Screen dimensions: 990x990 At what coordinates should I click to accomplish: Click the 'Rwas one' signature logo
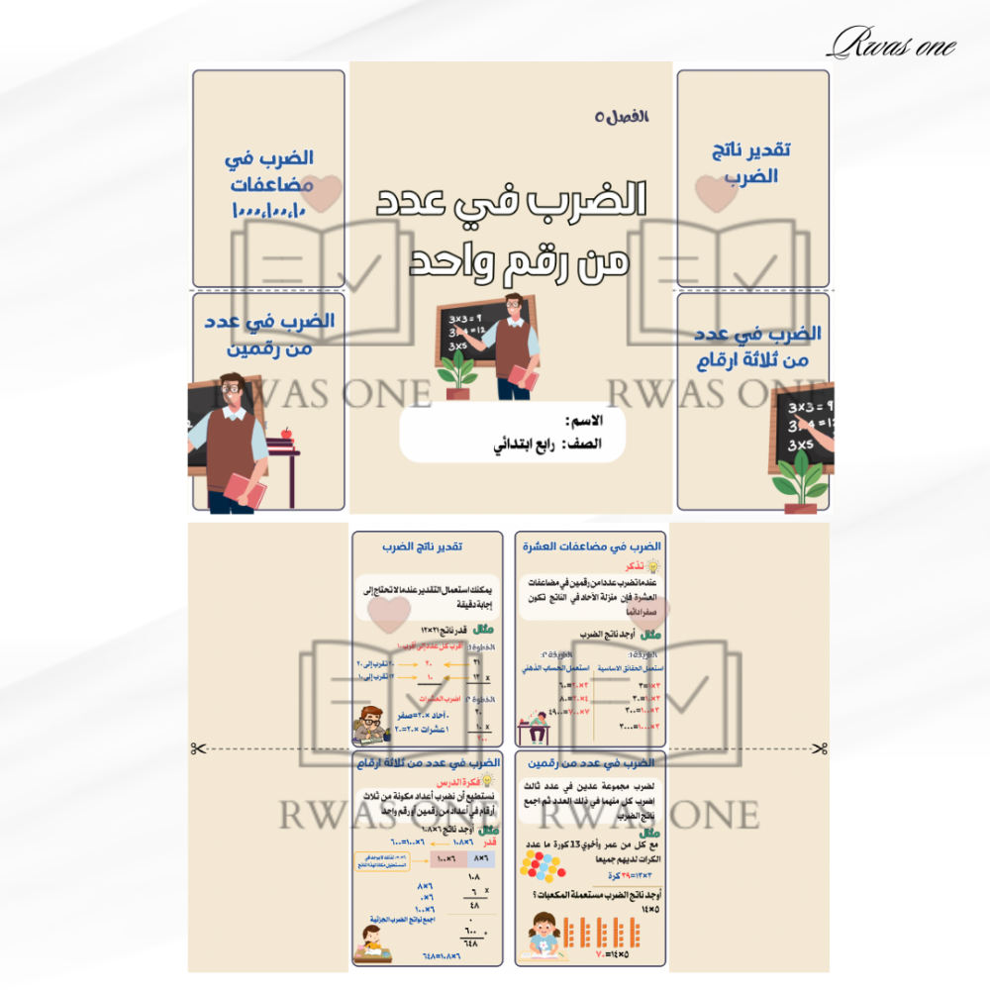892,43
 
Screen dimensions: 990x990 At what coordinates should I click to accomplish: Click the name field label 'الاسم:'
583,422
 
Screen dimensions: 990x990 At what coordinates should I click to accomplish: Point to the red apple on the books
287,433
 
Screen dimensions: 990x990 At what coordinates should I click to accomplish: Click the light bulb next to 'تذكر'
652,565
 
